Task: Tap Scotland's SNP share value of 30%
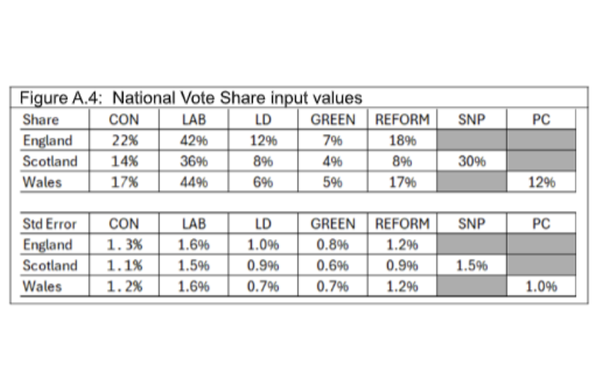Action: pyautogui.click(x=472, y=161)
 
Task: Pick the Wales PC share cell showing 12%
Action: pyautogui.click(x=541, y=182)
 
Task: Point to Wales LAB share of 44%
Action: pyautogui.click(x=194, y=182)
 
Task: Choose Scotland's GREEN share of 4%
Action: pyautogui.click(x=333, y=161)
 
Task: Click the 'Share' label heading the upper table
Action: pyautogui.click(x=41, y=120)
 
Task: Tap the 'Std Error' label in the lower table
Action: pyautogui.click(x=50, y=224)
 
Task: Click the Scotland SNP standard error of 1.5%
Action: pyautogui.click(x=472, y=266)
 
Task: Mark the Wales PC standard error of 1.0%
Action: pyautogui.click(x=541, y=287)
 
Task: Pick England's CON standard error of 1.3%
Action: pyautogui.click(x=124, y=245)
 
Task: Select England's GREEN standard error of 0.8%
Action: pyautogui.click(x=333, y=245)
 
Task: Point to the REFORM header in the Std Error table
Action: pyautogui.click(x=402, y=224)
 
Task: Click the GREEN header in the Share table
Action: pyautogui.click(x=333, y=120)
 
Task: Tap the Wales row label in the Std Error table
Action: pyautogui.click(x=42, y=287)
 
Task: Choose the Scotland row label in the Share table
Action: pyautogui.click(x=50, y=161)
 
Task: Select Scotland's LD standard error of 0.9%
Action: pyautogui.click(x=263, y=266)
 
